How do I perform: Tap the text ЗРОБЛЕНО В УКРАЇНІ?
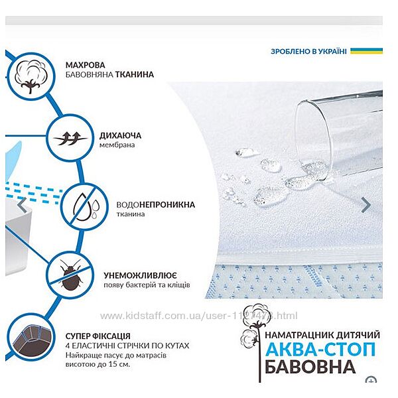(x=308, y=51)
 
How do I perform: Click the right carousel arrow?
(x=365, y=205)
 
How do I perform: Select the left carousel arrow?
(x=23, y=205)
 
